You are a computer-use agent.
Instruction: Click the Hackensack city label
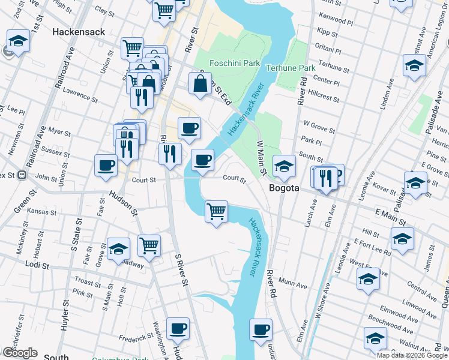pyautogui.click(x=79, y=31)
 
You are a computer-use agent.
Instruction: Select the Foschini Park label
pyautogui.click(x=235, y=62)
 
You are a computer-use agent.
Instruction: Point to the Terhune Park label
pyautogui.click(x=291, y=68)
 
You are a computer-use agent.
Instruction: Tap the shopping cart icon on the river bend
pyautogui.click(x=216, y=211)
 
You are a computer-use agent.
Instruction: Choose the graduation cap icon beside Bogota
pyautogui.click(x=284, y=166)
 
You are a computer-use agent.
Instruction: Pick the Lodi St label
pyautogui.click(x=37, y=263)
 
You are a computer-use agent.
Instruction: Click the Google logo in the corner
pyautogui.click(x=20, y=353)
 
